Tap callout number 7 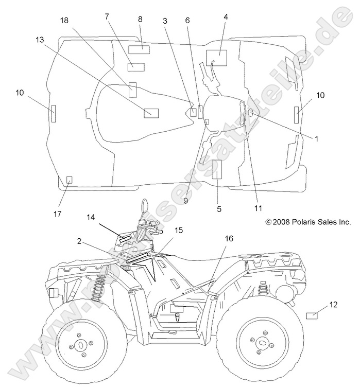coord(107,16)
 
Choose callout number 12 coord(333,305)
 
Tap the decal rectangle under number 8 coord(139,49)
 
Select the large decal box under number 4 coord(216,58)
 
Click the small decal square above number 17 coord(70,179)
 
